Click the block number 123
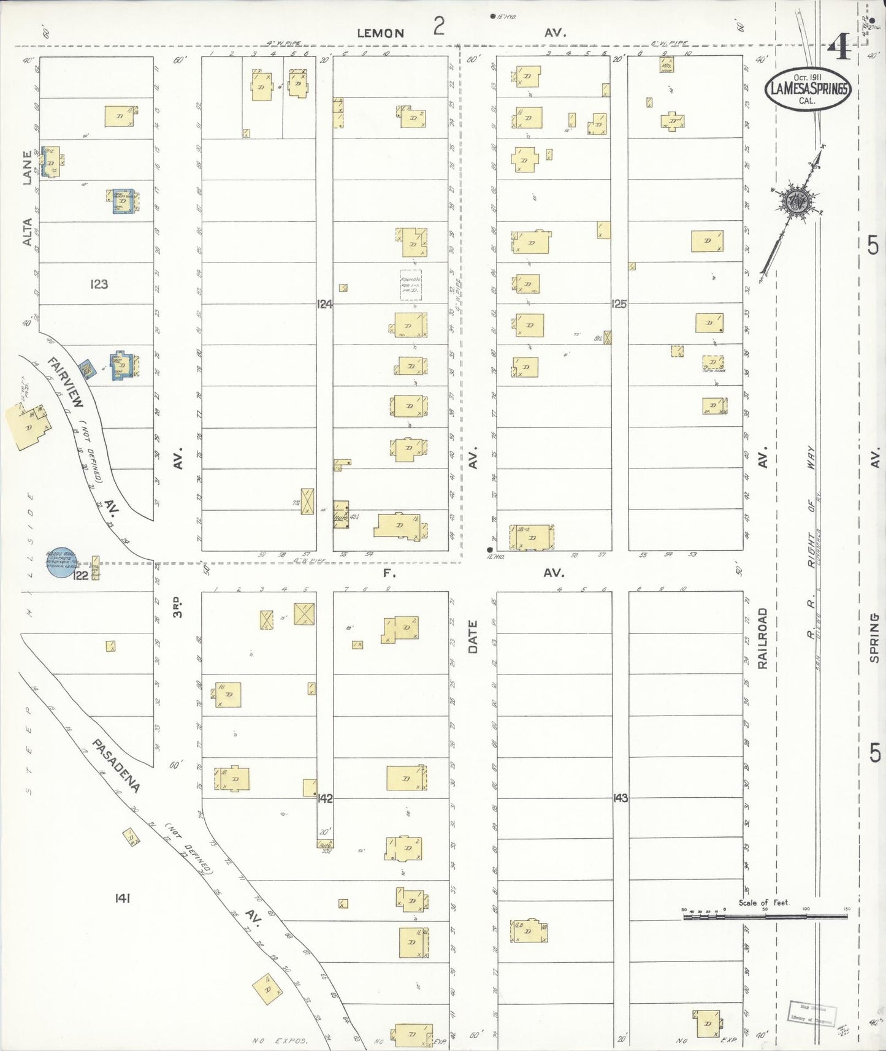click(x=99, y=284)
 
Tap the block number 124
click(x=324, y=304)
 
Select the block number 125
click(x=619, y=304)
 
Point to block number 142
click(x=325, y=798)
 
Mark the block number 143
click(x=621, y=798)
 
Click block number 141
click(x=122, y=898)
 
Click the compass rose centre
click(x=796, y=201)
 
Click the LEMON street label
click(x=381, y=33)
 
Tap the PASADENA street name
click(x=116, y=765)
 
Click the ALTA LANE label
click(x=27, y=198)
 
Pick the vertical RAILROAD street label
click(x=762, y=638)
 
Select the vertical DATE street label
click(x=473, y=636)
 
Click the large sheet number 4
click(x=839, y=47)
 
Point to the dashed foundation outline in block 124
click(x=411, y=285)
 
